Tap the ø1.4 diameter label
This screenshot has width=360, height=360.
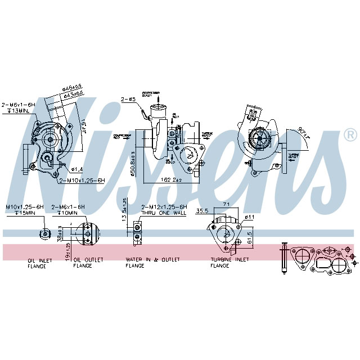point(77,169)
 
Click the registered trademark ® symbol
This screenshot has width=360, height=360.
point(350,135)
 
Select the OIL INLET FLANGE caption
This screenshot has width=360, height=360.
point(40,263)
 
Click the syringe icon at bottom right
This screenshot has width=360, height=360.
point(284,257)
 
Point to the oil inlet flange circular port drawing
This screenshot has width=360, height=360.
point(44,234)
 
